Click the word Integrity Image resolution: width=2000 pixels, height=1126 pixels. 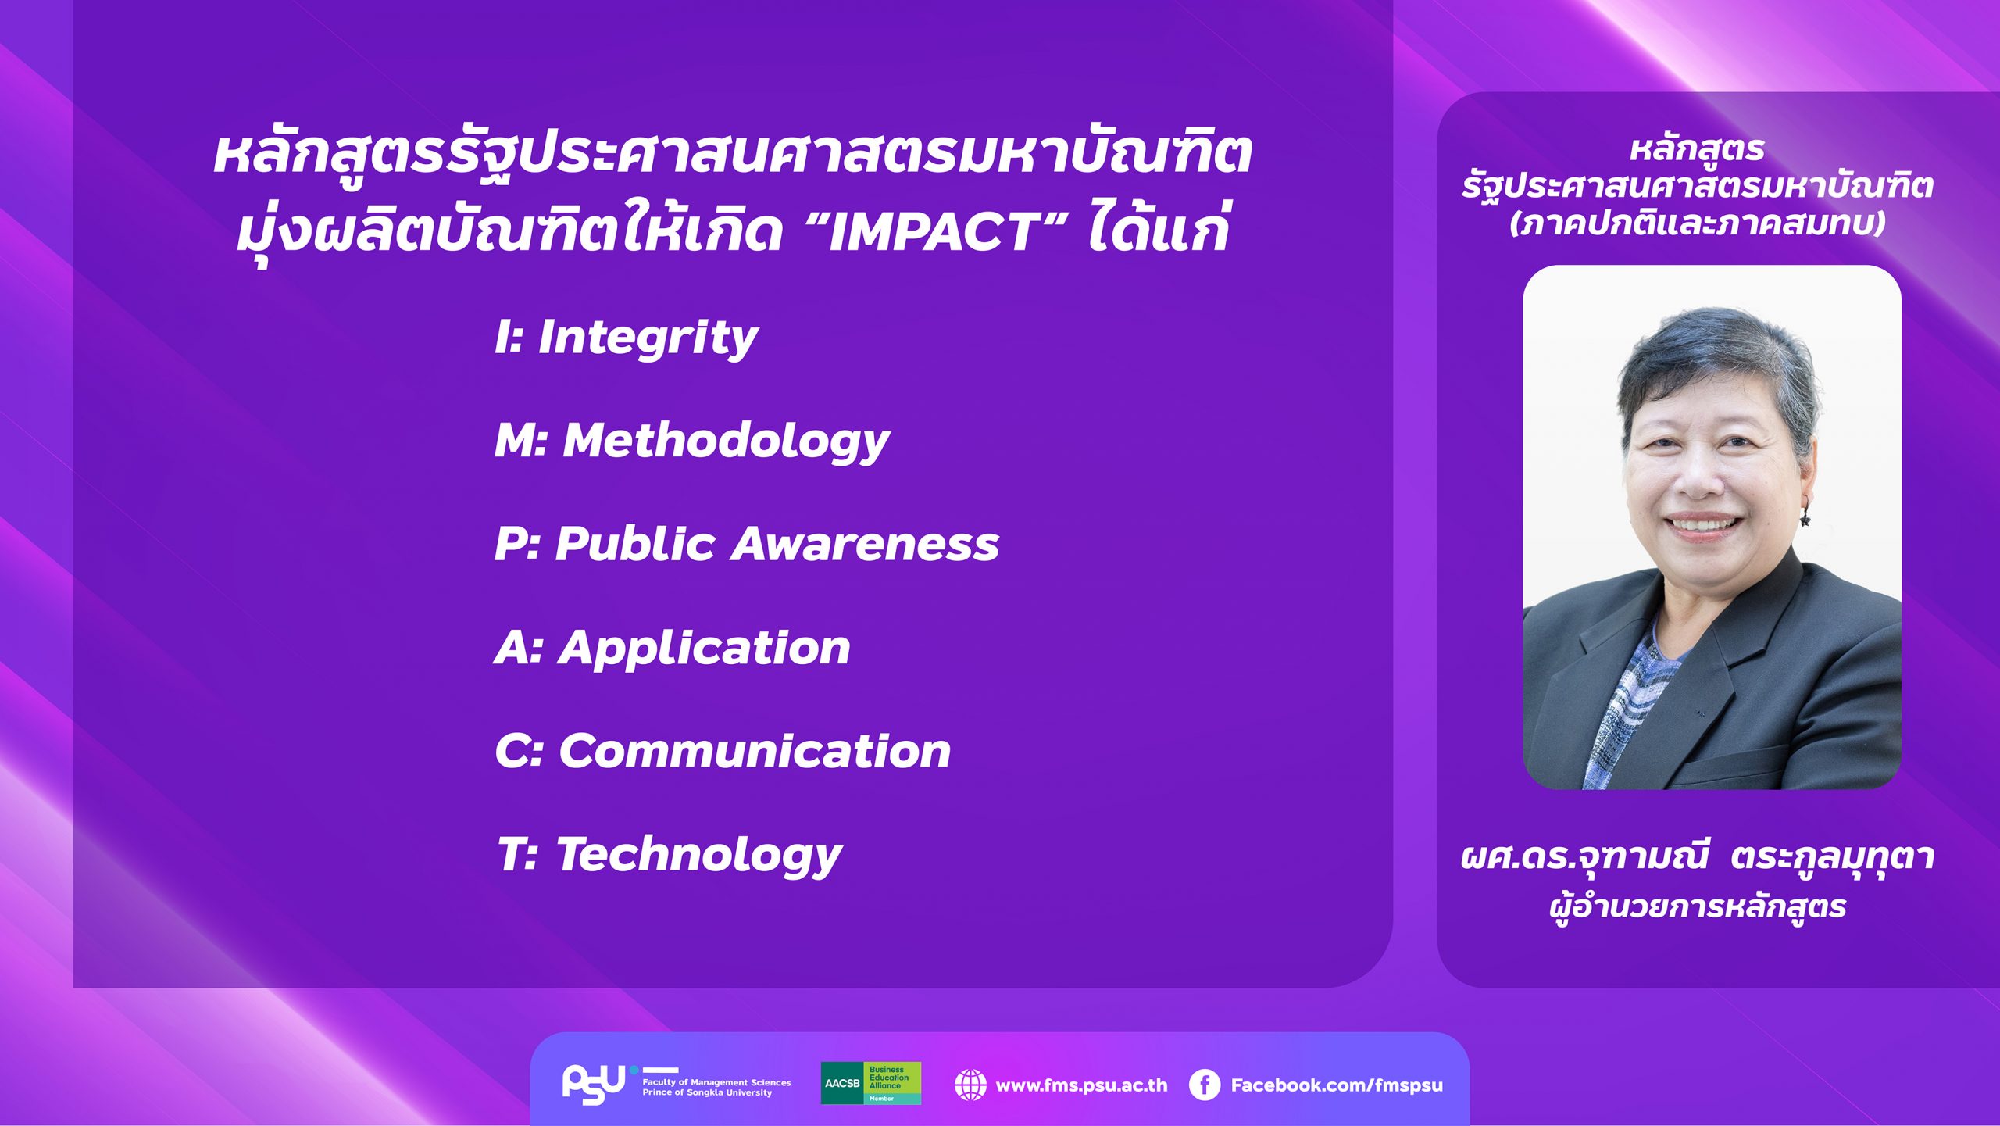click(648, 339)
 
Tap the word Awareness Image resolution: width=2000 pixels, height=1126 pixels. click(865, 544)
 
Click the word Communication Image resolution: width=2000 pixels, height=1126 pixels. click(755, 751)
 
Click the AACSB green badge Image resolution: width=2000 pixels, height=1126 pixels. click(870, 1083)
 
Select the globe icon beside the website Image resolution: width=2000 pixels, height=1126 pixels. click(970, 1085)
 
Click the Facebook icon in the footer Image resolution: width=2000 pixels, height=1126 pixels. click(1204, 1085)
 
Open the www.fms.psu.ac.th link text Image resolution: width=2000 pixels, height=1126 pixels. click(1081, 1085)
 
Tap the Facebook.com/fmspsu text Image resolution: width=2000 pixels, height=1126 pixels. click(1337, 1085)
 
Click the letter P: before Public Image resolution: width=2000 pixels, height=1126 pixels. click(516, 544)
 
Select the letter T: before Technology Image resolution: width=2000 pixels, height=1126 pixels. click(517, 854)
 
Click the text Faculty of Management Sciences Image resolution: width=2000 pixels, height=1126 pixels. click(716, 1082)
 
